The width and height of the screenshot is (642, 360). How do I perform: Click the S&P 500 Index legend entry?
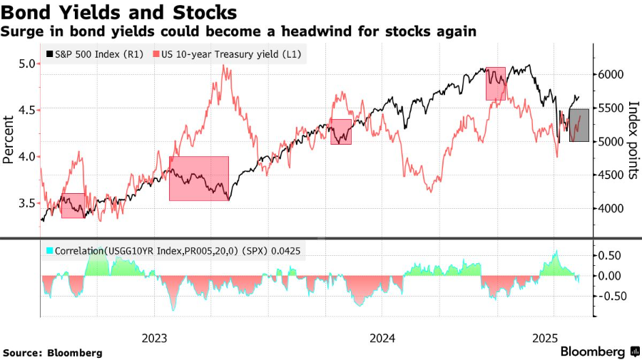[93, 53]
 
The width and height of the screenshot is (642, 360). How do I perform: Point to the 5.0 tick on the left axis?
[27, 63]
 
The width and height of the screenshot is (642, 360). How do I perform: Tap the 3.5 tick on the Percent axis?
[27, 203]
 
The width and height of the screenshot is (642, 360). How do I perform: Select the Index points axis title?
[632, 140]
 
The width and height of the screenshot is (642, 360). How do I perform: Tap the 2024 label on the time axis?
[382, 337]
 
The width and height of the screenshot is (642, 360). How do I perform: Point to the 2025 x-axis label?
[546, 337]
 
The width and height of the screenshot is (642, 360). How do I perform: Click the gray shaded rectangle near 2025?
[579, 125]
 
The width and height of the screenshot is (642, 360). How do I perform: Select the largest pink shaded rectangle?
[199, 178]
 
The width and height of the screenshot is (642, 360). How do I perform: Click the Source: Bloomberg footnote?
[52, 353]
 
